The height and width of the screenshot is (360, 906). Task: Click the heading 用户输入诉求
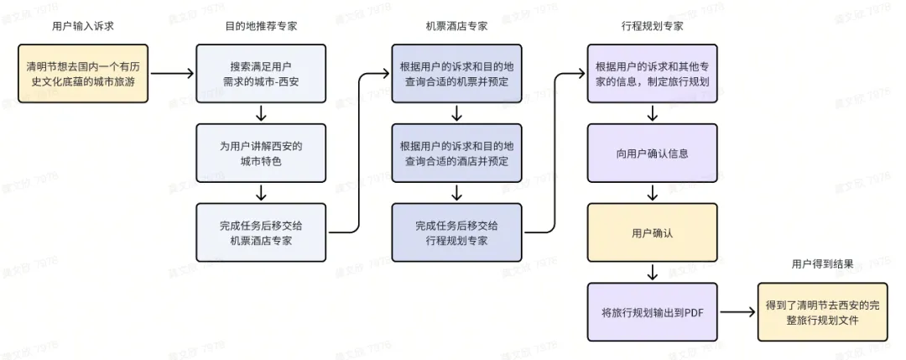[x=82, y=26]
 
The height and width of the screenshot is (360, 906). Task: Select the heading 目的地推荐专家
[x=261, y=26]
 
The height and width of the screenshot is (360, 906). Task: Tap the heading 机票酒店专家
[x=456, y=26]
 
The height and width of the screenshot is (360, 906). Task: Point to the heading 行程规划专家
[x=652, y=26]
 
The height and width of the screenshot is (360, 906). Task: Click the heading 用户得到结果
[x=822, y=263]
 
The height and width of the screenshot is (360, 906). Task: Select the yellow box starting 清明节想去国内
[x=82, y=73]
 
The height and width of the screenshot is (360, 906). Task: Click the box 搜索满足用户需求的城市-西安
[x=261, y=73]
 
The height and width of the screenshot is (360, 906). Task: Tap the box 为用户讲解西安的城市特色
[x=261, y=153]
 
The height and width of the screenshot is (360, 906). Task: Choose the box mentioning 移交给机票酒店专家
[x=261, y=232]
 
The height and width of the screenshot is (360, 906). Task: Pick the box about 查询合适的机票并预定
[x=456, y=73]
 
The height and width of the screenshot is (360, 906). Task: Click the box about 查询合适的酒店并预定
[x=456, y=153]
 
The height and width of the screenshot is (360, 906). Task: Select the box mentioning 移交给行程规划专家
[x=456, y=232]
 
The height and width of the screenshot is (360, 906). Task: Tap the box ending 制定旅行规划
[x=652, y=73]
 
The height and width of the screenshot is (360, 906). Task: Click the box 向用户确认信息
[x=652, y=153]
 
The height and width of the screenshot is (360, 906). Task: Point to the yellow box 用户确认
[x=652, y=232]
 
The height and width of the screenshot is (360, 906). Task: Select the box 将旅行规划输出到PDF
[x=652, y=312]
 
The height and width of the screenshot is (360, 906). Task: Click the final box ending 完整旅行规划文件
[x=822, y=312]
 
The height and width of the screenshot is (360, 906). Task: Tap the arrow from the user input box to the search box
[x=172, y=73]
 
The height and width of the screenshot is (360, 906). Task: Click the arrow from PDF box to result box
[x=737, y=312]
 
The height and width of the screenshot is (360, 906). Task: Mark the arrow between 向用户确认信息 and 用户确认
[x=652, y=193]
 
